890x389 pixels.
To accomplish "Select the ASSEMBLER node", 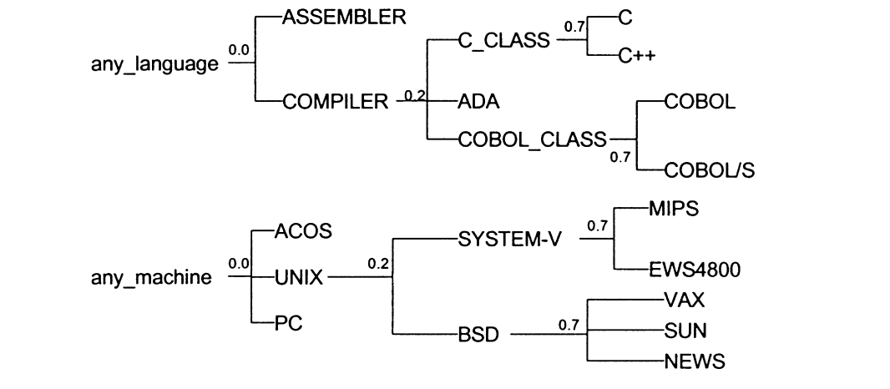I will tap(345, 17).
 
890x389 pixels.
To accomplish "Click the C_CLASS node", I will tap(504, 41).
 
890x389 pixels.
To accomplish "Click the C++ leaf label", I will tap(637, 57).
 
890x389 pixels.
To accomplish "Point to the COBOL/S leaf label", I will tap(710, 171).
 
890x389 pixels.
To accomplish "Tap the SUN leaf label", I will tap(685, 331).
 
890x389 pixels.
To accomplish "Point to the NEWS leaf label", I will tap(694, 362).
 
